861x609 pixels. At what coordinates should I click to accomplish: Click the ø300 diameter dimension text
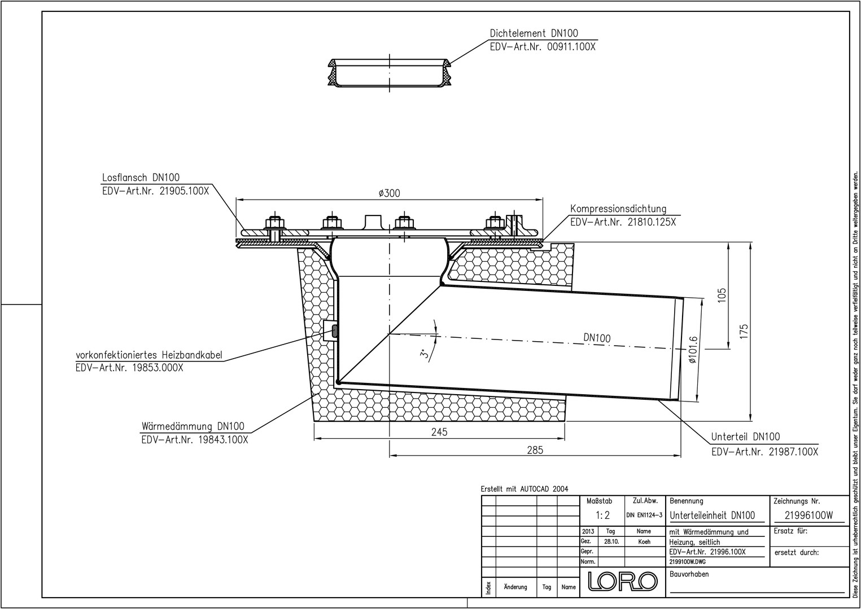pyautogui.click(x=389, y=193)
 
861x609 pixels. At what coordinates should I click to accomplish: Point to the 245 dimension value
pyautogui.click(x=439, y=432)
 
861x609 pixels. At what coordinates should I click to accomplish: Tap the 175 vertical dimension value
pyautogui.click(x=744, y=332)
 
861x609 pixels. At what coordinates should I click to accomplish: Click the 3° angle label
pyautogui.click(x=425, y=354)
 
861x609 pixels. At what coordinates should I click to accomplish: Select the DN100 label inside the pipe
pyautogui.click(x=597, y=338)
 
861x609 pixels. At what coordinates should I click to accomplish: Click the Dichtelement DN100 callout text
pyautogui.click(x=534, y=33)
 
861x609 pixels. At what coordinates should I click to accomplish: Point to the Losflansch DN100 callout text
pyautogui.click(x=141, y=178)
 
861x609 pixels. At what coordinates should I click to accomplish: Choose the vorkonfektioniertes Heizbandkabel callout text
pyautogui.click(x=149, y=355)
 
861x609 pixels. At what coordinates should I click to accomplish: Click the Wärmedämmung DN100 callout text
pyautogui.click(x=198, y=426)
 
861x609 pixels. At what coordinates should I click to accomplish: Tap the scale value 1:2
pyautogui.click(x=602, y=515)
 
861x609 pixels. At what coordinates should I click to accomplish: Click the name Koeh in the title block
pyautogui.click(x=644, y=542)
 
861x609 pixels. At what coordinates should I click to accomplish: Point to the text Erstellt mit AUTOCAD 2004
pyautogui.click(x=525, y=489)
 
